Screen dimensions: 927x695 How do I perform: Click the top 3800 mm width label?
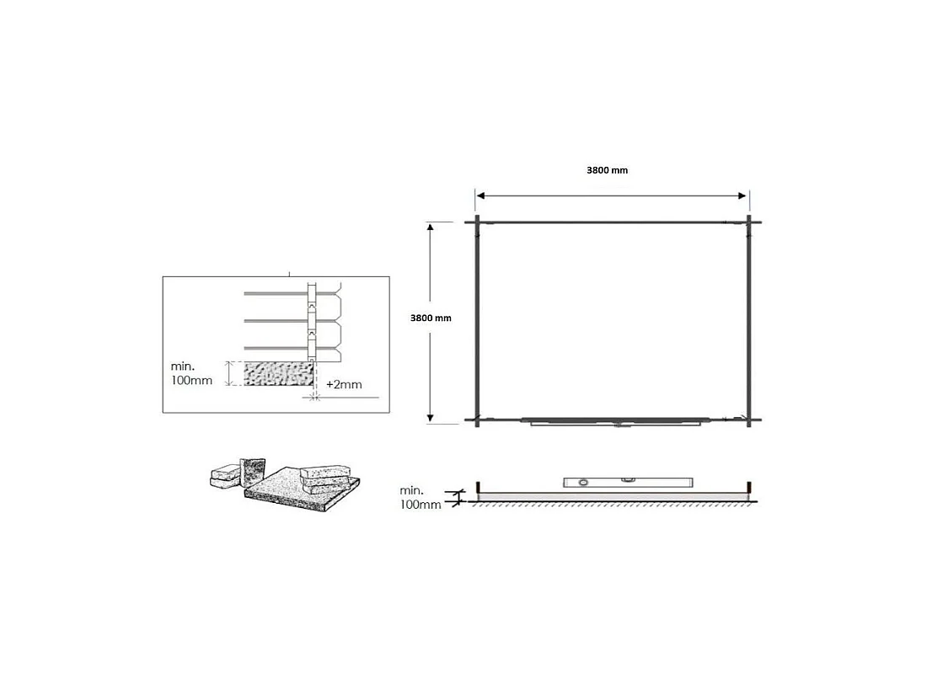point(607,170)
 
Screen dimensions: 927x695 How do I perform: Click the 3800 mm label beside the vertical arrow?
point(431,318)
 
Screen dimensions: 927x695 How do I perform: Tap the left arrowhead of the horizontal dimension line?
point(480,196)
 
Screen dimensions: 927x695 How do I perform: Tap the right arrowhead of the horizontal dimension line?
point(742,196)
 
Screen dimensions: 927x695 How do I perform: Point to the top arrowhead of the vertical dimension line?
point(431,227)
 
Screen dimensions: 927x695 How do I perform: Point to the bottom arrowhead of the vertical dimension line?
point(431,418)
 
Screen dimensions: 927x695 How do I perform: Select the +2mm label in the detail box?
point(344,385)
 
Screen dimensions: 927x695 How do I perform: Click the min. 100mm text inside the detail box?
point(191,373)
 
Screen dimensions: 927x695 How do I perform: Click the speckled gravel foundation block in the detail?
point(278,373)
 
